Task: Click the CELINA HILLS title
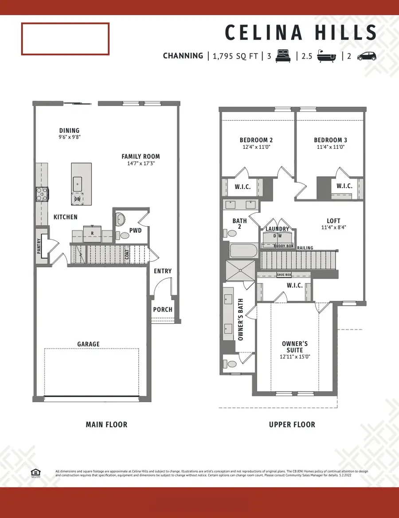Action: pos(301,33)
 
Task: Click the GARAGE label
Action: pos(88,344)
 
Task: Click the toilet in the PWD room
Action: pos(121,219)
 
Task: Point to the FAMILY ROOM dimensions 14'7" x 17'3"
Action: pos(141,163)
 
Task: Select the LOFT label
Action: pos(333,220)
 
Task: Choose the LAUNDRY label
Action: pos(277,229)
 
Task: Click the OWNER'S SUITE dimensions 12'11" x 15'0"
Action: pos(295,356)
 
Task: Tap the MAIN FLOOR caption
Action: pos(106,425)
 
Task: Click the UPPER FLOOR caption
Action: pos(292,425)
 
